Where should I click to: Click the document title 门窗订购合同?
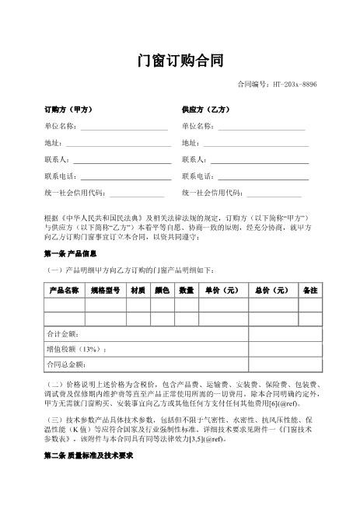[x=180, y=61]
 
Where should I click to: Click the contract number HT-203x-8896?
[x=277, y=85]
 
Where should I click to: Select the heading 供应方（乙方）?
[x=205, y=110]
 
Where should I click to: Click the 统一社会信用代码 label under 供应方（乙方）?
[x=212, y=193]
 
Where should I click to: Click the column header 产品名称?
[x=64, y=291]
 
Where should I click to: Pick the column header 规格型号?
[x=105, y=291]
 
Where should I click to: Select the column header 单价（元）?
[x=222, y=291]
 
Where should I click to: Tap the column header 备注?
[x=309, y=291]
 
